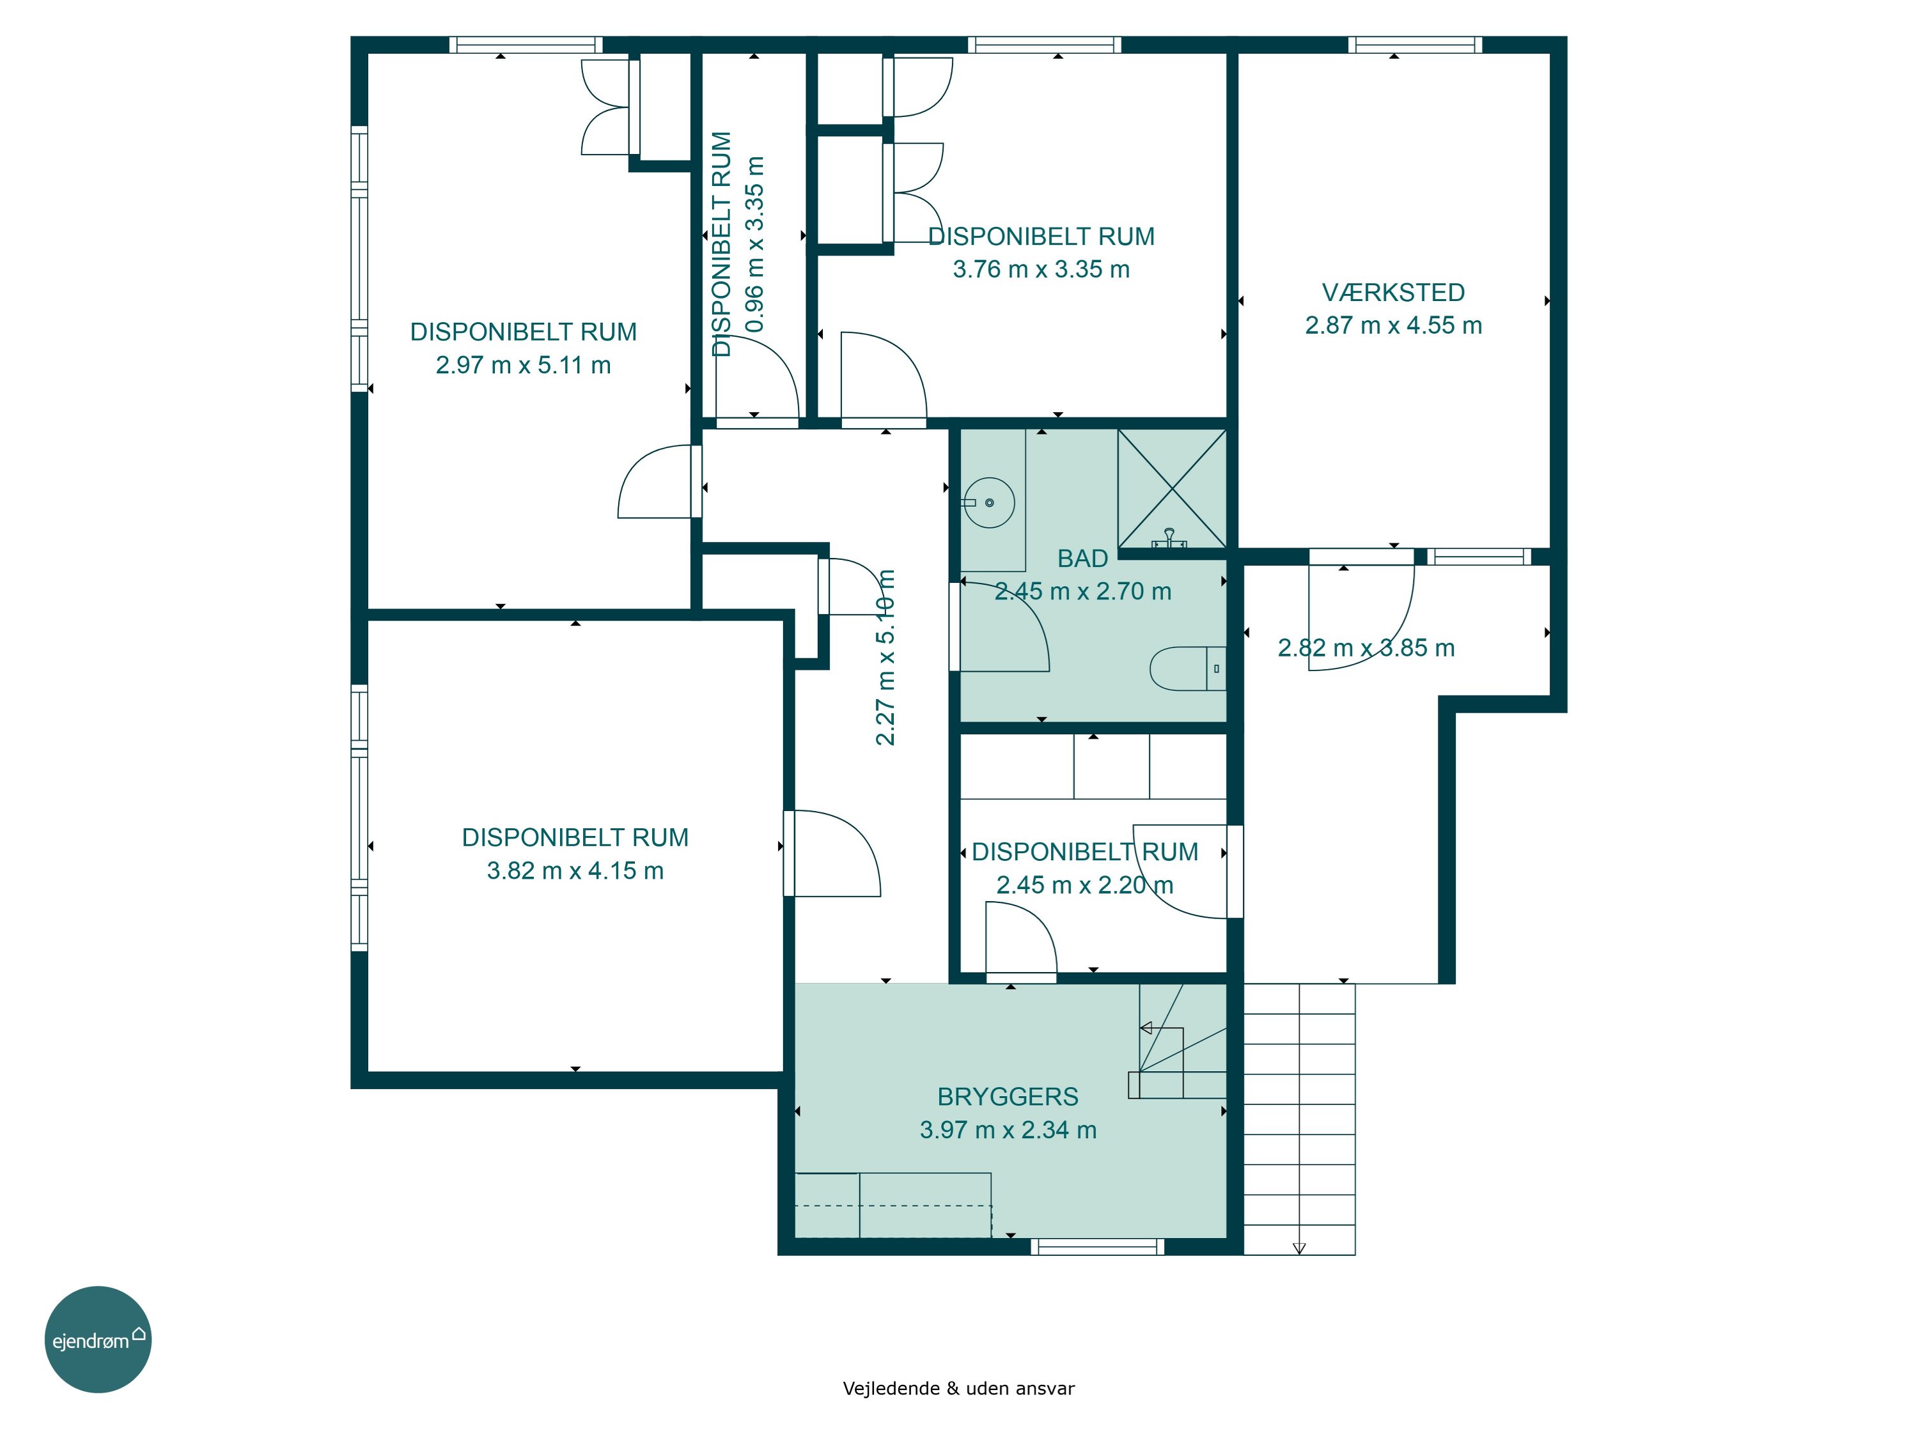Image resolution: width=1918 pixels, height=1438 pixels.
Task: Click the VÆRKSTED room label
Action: [x=1392, y=292]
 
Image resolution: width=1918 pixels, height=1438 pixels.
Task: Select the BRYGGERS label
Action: [x=1008, y=1097]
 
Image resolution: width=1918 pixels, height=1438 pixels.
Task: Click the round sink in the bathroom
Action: [x=988, y=503]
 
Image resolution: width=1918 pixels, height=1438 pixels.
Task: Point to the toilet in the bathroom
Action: [x=1188, y=669]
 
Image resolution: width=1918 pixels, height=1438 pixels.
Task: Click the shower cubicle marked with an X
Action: [x=1173, y=490]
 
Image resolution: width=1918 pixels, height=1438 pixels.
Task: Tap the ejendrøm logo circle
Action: [x=98, y=1340]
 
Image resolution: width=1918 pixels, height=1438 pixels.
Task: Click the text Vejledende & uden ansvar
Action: [x=958, y=1389]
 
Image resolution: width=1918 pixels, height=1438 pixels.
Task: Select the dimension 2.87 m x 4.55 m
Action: [x=1392, y=325]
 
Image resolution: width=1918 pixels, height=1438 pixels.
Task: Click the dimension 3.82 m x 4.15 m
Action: [x=575, y=870]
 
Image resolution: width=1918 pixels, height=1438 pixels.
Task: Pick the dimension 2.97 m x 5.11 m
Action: [x=523, y=365]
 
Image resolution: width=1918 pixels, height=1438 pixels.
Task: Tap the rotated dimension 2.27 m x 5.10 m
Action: [x=884, y=657]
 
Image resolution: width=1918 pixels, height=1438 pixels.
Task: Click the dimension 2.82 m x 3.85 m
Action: [x=1366, y=647]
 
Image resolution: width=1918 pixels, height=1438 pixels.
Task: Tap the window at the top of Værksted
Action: [x=1414, y=45]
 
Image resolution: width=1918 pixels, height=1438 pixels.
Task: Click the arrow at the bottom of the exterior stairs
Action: [x=1299, y=1248]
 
